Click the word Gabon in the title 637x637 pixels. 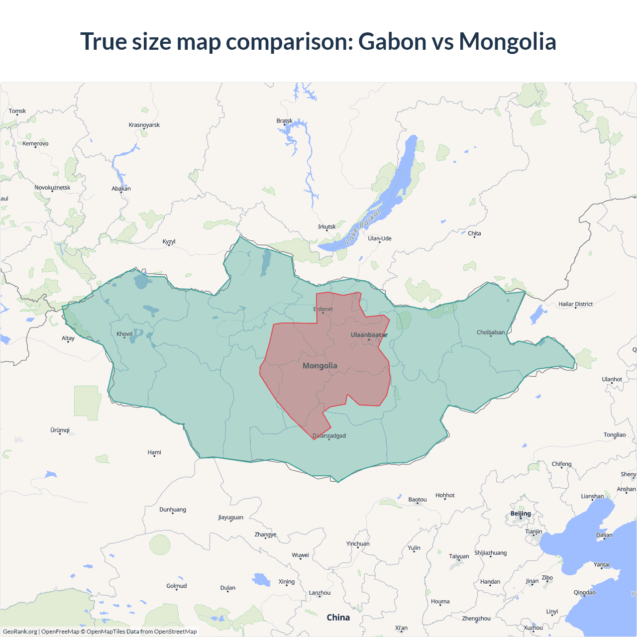coord(392,41)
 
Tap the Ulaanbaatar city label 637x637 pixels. coord(369,335)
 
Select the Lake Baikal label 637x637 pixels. coord(363,226)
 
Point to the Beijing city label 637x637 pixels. coord(521,514)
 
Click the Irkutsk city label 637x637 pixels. coord(327,227)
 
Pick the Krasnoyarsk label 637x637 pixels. coord(144,125)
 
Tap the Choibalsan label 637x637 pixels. coord(491,332)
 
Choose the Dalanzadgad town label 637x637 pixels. coord(329,436)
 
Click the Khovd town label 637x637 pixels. coord(124,334)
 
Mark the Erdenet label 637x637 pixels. coord(323,309)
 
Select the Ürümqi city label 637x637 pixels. coord(60,430)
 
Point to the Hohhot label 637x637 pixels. coord(445,495)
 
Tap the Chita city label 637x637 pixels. coord(474,233)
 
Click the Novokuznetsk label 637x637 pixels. coord(52,188)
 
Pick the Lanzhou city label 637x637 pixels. coord(319,593)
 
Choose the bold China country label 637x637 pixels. coord(338,618)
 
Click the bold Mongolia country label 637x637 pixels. coord(320,366)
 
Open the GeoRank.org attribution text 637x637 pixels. coord(20,632)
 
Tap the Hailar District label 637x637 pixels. coord(575,304)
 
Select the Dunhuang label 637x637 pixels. coord(173,510)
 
